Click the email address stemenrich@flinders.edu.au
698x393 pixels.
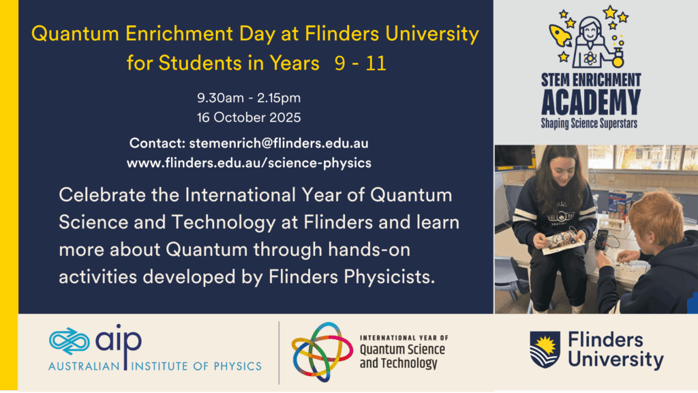[279, 143]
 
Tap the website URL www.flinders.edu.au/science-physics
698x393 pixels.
[249, 163]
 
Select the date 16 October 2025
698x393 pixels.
[249, 117]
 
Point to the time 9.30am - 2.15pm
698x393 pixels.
[249, 98]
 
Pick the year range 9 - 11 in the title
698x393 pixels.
[360, 63]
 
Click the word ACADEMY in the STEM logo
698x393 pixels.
[591, 102]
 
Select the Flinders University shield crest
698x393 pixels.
[545, 350]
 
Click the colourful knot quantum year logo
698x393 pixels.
[322, 352]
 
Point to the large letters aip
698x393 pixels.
[119, 340]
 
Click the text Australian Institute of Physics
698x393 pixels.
[155, 366]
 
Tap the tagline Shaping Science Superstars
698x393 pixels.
[589, 123]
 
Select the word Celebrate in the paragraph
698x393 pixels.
[102, 195]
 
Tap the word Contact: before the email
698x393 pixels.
[157, 143]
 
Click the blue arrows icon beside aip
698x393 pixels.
[70, 341]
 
